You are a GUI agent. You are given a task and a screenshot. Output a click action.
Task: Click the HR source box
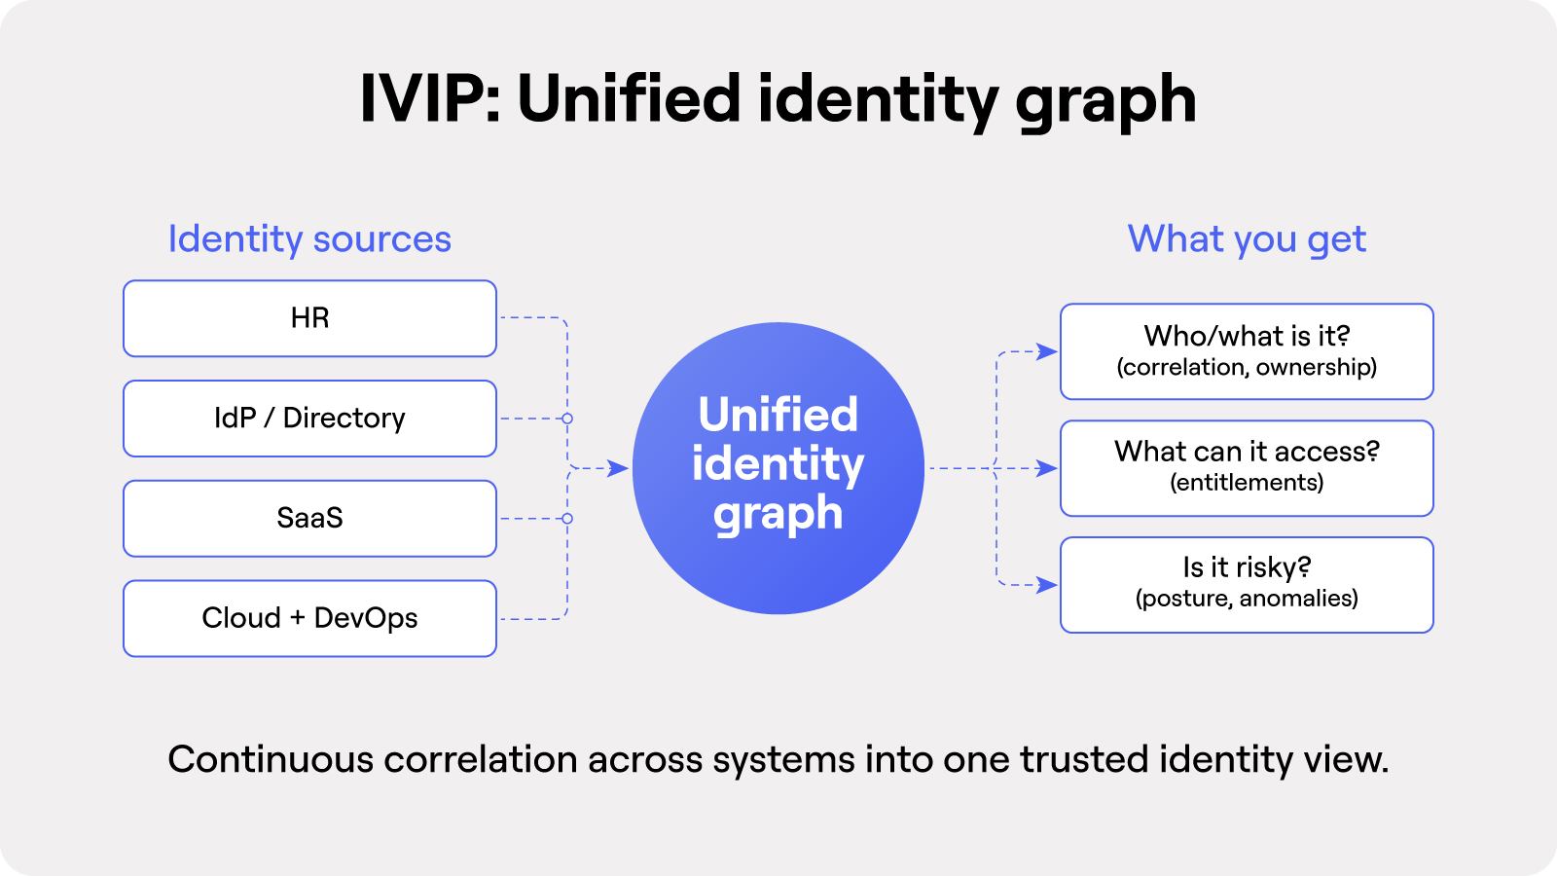pos(309,318)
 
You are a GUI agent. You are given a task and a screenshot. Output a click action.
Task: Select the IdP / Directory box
pos(309,419)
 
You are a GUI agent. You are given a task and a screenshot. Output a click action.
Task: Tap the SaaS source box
pos(309,518)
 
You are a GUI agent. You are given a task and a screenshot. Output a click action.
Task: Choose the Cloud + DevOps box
pos(309,618)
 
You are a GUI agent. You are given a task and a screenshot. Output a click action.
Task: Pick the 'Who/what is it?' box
pos(1247,351)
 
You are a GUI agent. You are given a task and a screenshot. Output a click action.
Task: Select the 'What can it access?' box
pos(1247,468)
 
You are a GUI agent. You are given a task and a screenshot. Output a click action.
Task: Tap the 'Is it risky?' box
pos(1247,584)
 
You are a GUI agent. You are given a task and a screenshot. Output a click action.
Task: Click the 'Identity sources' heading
pos(309,239)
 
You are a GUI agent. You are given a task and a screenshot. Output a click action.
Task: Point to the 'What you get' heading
pos(1247,239)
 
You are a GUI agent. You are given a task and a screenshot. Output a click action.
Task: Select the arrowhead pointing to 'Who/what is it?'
pos(1047,351)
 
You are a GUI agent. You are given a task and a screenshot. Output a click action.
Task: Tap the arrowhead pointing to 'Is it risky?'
pos(1047,585)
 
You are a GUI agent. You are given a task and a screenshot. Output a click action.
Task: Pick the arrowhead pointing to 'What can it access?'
pos(1047,468)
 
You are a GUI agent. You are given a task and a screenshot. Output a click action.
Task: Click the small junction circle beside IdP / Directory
pos(567,419)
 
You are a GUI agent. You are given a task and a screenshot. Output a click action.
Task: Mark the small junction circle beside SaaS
pos(567,519)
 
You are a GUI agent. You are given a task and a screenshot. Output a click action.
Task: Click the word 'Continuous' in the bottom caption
pos(270,759)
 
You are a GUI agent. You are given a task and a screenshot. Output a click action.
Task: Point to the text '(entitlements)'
pos(1247,483)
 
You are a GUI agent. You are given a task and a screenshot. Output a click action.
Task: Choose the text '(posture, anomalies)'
pos(1247,599)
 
